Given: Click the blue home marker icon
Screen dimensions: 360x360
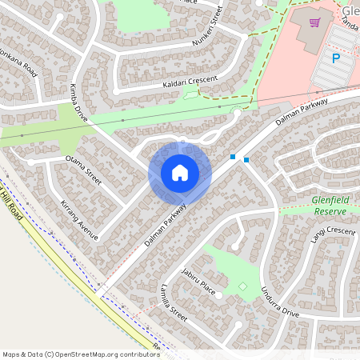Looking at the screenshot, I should [x=180, y=173].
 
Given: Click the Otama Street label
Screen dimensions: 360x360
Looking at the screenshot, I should [x=83, y=170].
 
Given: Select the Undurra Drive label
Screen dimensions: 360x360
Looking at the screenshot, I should [x=279, y=302].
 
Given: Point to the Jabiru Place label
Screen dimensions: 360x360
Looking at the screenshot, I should [x=198, y=281].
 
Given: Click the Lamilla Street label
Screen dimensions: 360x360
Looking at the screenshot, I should [x=173, y=304].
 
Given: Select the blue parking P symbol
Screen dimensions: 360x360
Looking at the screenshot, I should [x=336, y=58].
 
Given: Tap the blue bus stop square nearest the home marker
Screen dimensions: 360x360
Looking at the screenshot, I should [x=233, y=157].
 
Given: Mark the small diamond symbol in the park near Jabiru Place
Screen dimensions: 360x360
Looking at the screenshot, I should [x=242, y=286].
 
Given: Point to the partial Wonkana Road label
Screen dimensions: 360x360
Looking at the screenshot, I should [x=18, y=61].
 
